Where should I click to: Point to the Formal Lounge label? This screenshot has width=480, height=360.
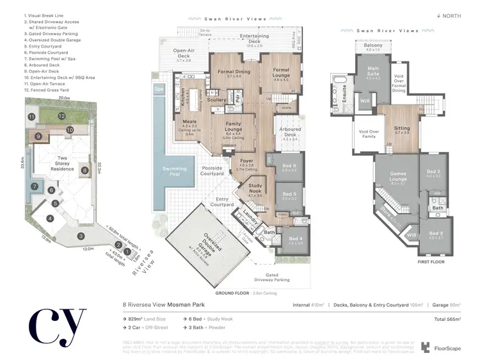pyautogui.click(x=281, y=70)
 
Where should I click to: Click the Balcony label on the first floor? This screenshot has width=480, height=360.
pyautogui.click(x=373, y=46)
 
